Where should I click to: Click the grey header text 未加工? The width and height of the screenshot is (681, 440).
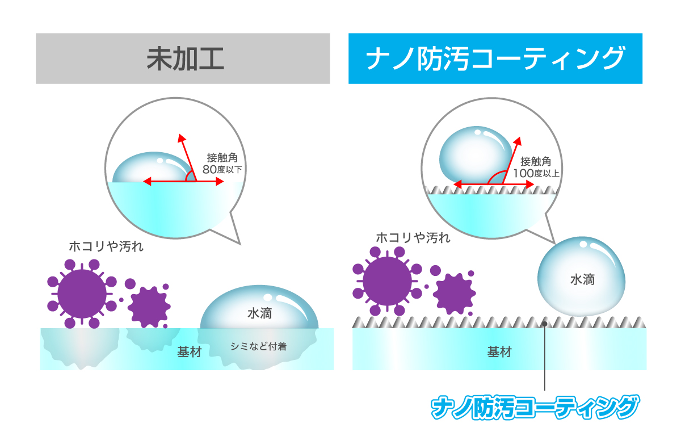pyautogui.click(x=185, y=58)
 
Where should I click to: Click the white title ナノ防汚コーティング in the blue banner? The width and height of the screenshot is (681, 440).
pyautogui.click(x=495, y=58)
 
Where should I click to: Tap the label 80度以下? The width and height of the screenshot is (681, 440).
pyautogui.click(x=222, y=169)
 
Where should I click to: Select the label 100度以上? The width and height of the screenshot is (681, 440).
pyautogui.click(x=536, y=173)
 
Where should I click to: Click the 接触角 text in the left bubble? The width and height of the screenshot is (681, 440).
pyautogui.click(x=222, y=157)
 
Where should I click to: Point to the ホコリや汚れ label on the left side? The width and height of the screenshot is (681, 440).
pyautogui.click(x=106, y=246)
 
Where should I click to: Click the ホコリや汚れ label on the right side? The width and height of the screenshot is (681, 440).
pyautogui.click(x=413, y=238)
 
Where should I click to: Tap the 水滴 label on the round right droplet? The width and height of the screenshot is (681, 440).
pyautogui.click(x=582, y=279)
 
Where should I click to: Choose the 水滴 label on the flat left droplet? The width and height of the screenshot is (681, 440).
pyautogui.click(x=260, y=313)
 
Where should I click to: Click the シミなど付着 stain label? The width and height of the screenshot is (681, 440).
pyautogui.click(x=258, y=346)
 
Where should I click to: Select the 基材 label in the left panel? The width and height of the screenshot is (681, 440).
pyautogui.click(x=190, y=352)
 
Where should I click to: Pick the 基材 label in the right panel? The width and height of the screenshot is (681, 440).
pyautogui.click(x=499, y=352)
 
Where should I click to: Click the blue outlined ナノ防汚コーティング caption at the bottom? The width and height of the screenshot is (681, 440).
pyautogui.click(x=535, y=407)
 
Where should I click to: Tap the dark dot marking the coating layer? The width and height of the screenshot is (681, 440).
pyautogui.click(x=544, y=324)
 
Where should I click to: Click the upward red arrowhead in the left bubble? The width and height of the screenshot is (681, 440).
pyautogui.click(x=182, y=138)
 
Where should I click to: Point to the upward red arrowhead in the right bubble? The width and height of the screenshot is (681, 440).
pyautogui.click(x=518, y=141)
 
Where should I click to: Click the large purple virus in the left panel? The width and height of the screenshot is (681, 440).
pyautogui.click(x=82, y=294)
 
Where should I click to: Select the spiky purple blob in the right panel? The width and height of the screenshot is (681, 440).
pyautogui.click(x=454, y=294)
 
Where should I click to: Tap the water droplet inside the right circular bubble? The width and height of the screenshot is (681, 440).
pyautogui.click(x=476, y=155)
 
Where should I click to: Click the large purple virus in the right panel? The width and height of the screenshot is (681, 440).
pyautogui.click(x=387, y=281)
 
